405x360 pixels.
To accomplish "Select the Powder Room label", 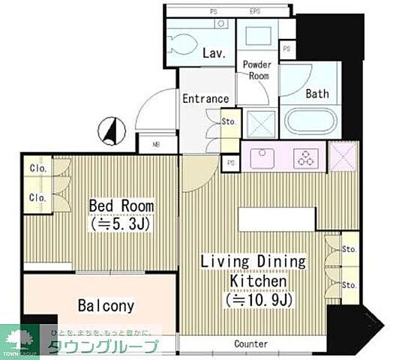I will pyautogui.click(x=256, y=70).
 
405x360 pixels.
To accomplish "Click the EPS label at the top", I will pyautogui.click(x=255, y=11).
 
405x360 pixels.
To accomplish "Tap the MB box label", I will pyautogui.click(x=157, y=144).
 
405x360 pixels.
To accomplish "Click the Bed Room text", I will pyautogui.click(x=121, y=205).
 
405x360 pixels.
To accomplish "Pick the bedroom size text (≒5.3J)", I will pyautogui.click(x=121, y=223).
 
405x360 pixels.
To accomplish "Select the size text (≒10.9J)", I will pyautogui.click(x=255, y=300).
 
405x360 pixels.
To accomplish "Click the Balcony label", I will pyautogui.click(x=106, y=305).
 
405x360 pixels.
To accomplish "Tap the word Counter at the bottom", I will pyautogui.click(x=250, y=343).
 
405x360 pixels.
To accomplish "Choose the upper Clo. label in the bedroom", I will pyautogui.click(x=37, y=169).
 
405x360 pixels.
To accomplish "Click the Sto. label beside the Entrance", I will pyautogui.click(x=228, y=121).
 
